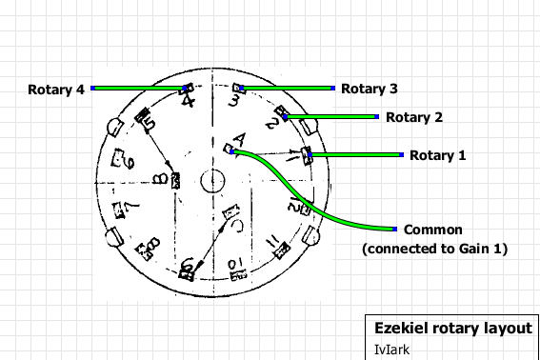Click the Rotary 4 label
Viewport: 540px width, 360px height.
[x=56, y=90]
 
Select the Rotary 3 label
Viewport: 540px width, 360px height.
[x=369, y=89]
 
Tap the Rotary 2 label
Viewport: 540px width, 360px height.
[x=414, y=118]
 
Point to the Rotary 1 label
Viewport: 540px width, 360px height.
[x=437, y=154]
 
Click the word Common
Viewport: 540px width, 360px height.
[x=433, y=230]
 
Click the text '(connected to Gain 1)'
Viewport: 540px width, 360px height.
[x=434, y=249]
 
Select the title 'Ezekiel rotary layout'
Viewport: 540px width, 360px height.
[x=452, y=328]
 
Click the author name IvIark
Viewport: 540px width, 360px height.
[x=390, y=350]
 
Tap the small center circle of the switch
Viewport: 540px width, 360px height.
[x=211, y=178]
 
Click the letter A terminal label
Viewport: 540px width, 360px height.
[x=238, y=139]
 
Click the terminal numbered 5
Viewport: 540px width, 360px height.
[x=147, y=118]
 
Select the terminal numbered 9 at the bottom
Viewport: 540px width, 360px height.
[x=188, y=268]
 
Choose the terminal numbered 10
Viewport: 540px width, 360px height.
[x=236, y=263]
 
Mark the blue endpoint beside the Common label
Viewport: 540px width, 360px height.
[x=394, y=229]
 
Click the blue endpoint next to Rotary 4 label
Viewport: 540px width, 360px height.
[x=93, y=89]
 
